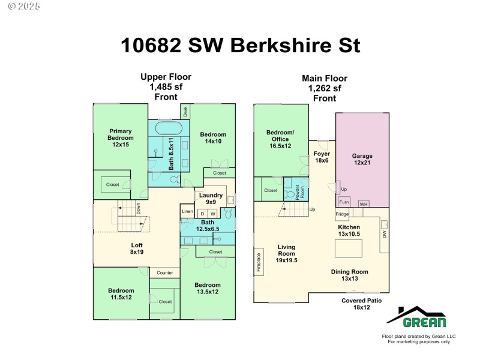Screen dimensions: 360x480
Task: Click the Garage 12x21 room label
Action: (x=362, y=159)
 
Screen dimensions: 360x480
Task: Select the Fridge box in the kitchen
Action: (x=342, y=214)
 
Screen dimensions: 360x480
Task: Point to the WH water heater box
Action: (x=363, y=204)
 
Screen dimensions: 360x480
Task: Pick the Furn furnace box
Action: (x=344, y=202)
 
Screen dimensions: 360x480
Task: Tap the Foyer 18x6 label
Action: (x=322, y=157)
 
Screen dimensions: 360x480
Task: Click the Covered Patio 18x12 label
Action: (x=361, y=304)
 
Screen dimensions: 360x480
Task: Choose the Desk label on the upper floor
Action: (x=186, y=111)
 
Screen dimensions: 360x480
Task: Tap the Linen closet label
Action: (x=187, y=212)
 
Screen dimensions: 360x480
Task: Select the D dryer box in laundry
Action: (x=202, y=214)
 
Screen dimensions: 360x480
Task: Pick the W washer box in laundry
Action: (x=213, y=214)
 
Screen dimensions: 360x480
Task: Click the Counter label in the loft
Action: (x=164, y=273)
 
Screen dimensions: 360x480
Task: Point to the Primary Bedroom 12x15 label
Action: (x=120, y=137)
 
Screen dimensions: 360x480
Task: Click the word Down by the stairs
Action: (x=139, y=209)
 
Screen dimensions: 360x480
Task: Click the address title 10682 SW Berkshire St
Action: (x=240, y=46)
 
